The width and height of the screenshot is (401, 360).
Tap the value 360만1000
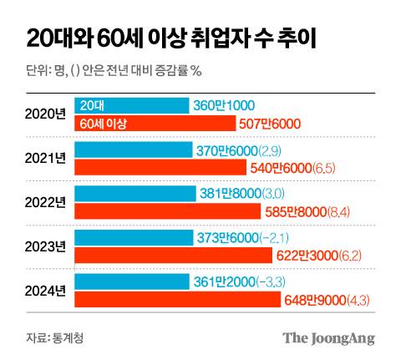pos(225,106)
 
